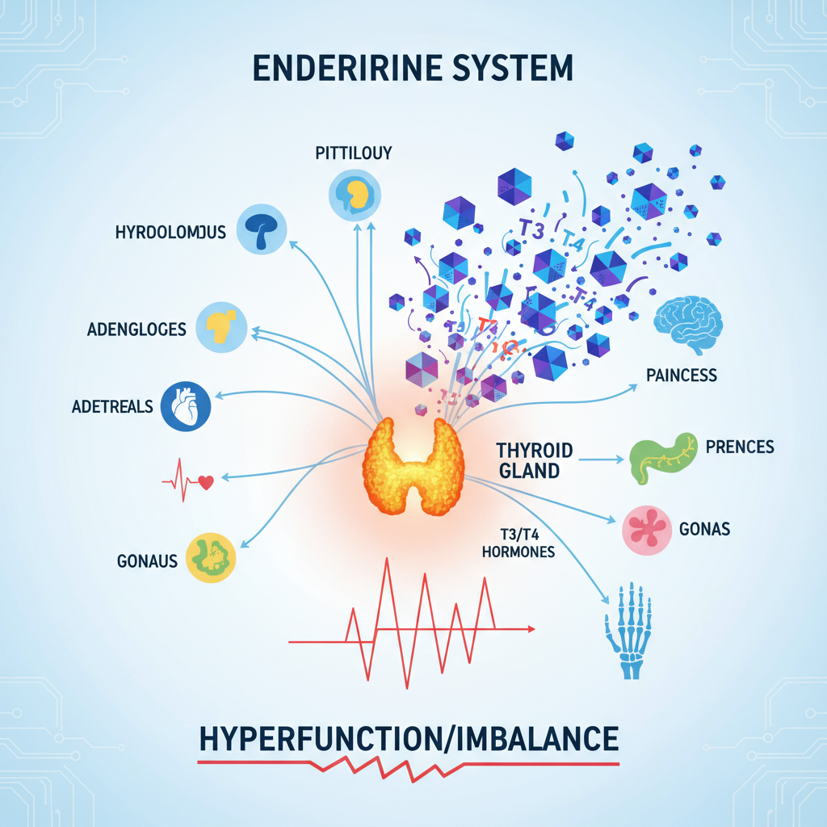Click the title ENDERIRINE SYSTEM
pos(413,68)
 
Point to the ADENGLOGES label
pos(136,329)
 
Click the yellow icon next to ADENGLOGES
pos(220,325)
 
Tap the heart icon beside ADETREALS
pos(185,405)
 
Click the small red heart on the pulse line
pos(205,482)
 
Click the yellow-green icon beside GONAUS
pos(211,556)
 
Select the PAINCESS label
pos(682,376)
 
